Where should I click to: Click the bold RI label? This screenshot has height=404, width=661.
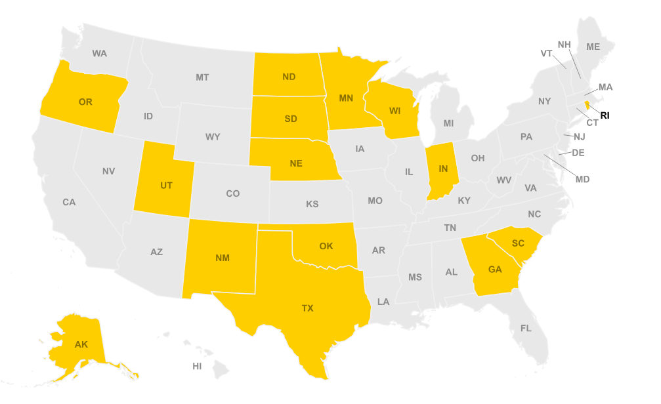coord(605,115)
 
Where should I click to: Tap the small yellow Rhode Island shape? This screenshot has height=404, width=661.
coord(587,106)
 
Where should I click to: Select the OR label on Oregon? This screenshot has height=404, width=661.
coord(85,102)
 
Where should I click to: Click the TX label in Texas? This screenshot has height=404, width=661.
coord(307,308)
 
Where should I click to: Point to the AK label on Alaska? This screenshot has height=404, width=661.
coord(81,344)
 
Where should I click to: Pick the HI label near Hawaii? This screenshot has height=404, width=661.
coord(197,366)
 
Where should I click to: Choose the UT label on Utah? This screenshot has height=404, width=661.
coord(166,186)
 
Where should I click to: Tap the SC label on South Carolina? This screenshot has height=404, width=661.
coord(518,243)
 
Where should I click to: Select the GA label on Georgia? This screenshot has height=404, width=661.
coord(494,269)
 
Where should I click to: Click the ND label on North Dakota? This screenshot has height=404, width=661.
coord(289,77)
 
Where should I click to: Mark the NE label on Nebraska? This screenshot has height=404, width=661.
coord(296,163)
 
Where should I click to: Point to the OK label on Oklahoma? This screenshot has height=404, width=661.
coord(326,246)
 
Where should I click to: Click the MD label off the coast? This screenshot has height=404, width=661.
coord(582,179)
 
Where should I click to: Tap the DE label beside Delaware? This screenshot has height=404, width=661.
coord(578,152)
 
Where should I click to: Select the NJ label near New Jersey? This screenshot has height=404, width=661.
coord(579,136)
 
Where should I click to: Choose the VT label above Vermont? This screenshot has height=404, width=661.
coord(546,53)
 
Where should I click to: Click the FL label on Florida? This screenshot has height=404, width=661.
coord(526,328)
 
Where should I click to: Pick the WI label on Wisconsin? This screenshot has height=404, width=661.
coord(394,111)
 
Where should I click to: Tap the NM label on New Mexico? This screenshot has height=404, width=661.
coord(223,258)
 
